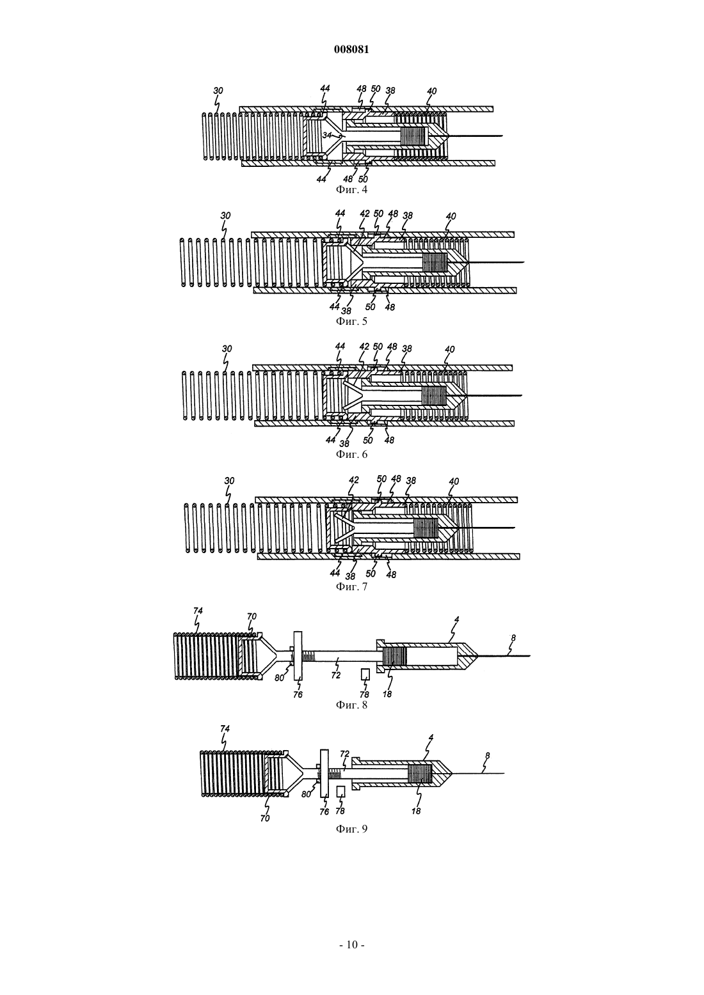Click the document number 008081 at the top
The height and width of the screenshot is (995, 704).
(351, 50)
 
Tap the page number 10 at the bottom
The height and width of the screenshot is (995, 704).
(351, 944)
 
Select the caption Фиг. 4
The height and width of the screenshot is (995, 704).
(351, 190)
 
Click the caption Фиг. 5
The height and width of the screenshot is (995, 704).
(351, 321)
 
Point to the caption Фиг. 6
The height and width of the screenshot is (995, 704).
(351, 455)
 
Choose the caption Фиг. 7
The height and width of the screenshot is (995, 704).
(351, 587)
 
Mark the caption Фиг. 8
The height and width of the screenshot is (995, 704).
(351, 705)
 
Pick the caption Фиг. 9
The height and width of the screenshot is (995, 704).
(351, 829)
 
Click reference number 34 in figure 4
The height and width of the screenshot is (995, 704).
(327, 134)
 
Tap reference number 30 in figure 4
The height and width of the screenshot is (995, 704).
(218, 91)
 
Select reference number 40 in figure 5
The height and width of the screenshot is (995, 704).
(451, 216)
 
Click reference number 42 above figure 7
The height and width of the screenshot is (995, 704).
(354, 480)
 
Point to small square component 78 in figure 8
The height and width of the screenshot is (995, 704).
(365, 675)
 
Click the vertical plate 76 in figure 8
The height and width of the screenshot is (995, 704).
(298, 655)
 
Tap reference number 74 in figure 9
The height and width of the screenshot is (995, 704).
(225, 728)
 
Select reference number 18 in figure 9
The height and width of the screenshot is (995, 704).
(416, 811)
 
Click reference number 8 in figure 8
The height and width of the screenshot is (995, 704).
(513, 638)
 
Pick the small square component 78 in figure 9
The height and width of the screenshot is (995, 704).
(341, 791)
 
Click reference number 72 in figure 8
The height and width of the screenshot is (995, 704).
(335, 675)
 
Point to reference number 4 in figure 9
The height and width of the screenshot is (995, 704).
(430, 737)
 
